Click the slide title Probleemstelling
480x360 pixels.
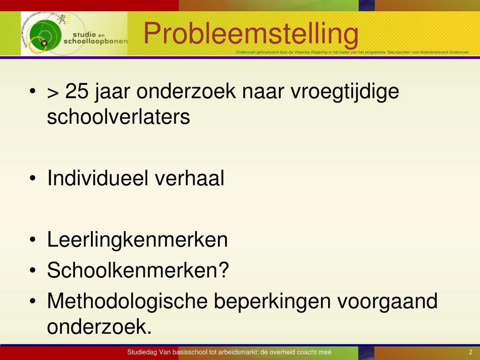[251, 34]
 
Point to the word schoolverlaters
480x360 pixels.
[119, 117]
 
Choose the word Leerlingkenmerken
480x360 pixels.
[137, 240]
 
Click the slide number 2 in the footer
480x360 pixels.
[470, 352]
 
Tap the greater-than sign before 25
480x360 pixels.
[52, 92]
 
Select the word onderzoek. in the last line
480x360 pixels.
[100, 327]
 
